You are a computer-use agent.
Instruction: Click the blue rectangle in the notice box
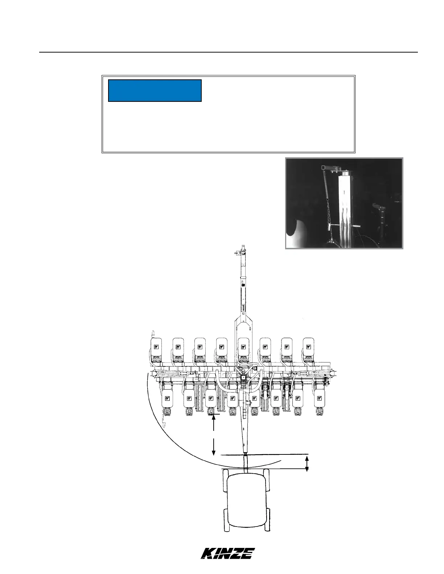(155, 91)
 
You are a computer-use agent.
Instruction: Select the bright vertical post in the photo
(346, 210)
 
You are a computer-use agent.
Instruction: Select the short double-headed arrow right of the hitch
(307, 463)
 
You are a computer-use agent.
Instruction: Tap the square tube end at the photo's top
(324, 167)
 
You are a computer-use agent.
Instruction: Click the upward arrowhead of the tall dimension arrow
(214, 417)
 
